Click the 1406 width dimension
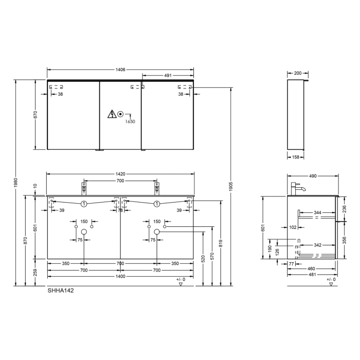click(x=121, y=69)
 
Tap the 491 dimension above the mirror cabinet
click(x=168, y=76)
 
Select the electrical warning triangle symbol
click(x=112, y=114)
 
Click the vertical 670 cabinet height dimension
click(x=35, y=115)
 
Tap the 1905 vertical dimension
click(x=231, y=184)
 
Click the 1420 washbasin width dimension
click(x=120, y=174)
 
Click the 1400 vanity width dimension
click(x=120, y=276)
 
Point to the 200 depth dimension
click(x=298, y=74)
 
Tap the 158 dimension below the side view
click(x=295, y=158)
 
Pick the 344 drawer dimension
click(x=318, y=212)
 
